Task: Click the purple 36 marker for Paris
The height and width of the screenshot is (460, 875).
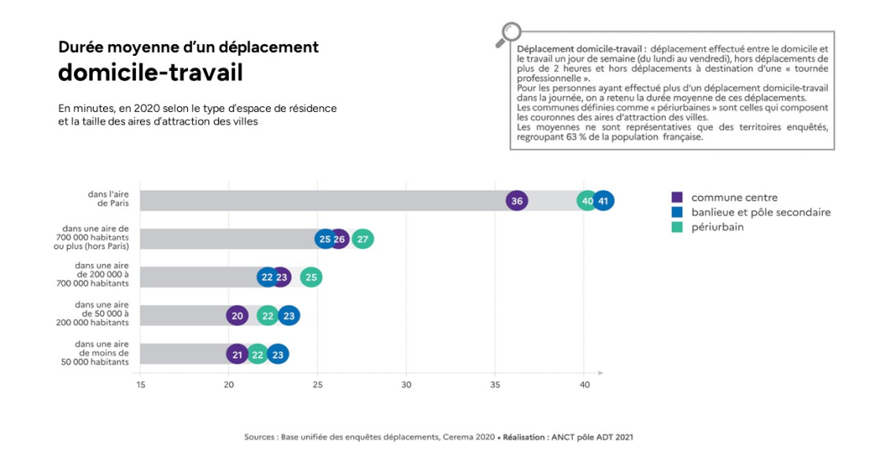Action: (x=517, y=201)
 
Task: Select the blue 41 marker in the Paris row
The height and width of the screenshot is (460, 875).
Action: (x=604, y=201)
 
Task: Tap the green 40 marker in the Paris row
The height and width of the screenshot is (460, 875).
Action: (x=587, y=201)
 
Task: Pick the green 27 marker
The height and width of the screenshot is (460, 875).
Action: (x=362, y=239)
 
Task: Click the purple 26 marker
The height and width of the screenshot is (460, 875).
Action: (x=339, y=239)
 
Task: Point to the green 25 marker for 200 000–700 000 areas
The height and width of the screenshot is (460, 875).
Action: (x=311, y=277)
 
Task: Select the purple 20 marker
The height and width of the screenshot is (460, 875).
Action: (x=237, y=316)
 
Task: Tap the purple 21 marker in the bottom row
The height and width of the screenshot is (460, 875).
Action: (x=237, y=354)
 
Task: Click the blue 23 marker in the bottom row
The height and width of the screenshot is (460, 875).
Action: (x=278, y=354)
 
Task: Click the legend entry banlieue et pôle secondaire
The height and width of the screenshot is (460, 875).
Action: (x=760, y=212)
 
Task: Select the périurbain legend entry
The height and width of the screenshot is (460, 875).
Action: (x=717, y=227)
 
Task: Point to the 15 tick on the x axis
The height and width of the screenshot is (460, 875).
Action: (x=140, y=384)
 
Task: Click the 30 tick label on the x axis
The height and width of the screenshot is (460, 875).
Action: (x=406, y=384)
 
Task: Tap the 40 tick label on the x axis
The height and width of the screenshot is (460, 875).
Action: (x=584, y=384)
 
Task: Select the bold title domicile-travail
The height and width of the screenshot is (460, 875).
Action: (x=150, y=72)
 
